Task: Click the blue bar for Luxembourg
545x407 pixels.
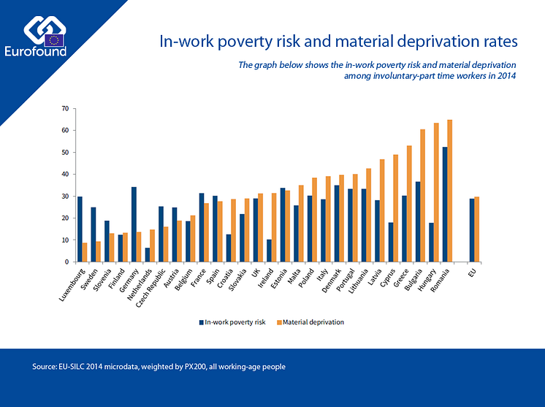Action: [x=80, y=229]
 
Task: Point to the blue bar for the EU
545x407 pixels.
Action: [x=472, y=230]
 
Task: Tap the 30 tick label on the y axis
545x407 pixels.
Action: [x=64, y=197]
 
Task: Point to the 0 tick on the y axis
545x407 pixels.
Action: [x=66, y=262]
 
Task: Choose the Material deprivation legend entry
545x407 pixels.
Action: [x=313, y=322]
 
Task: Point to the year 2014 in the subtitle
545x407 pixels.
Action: [x=506, y=75]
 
